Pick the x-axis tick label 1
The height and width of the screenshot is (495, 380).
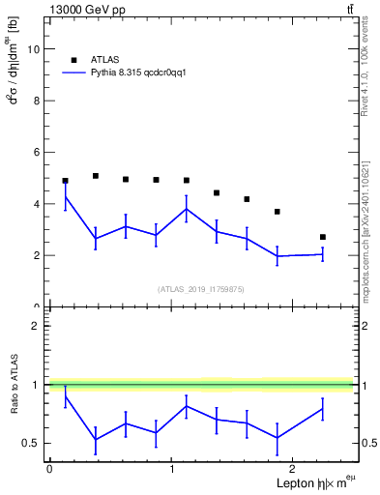171,469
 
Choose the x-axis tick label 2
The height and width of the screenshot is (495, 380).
293,469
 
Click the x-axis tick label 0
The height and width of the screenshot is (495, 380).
49,469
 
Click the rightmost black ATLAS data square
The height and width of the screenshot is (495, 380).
323,237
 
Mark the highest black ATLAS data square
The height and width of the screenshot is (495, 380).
96,176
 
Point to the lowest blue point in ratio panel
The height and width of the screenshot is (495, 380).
96,440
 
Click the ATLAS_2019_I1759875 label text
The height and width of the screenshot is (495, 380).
201,288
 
